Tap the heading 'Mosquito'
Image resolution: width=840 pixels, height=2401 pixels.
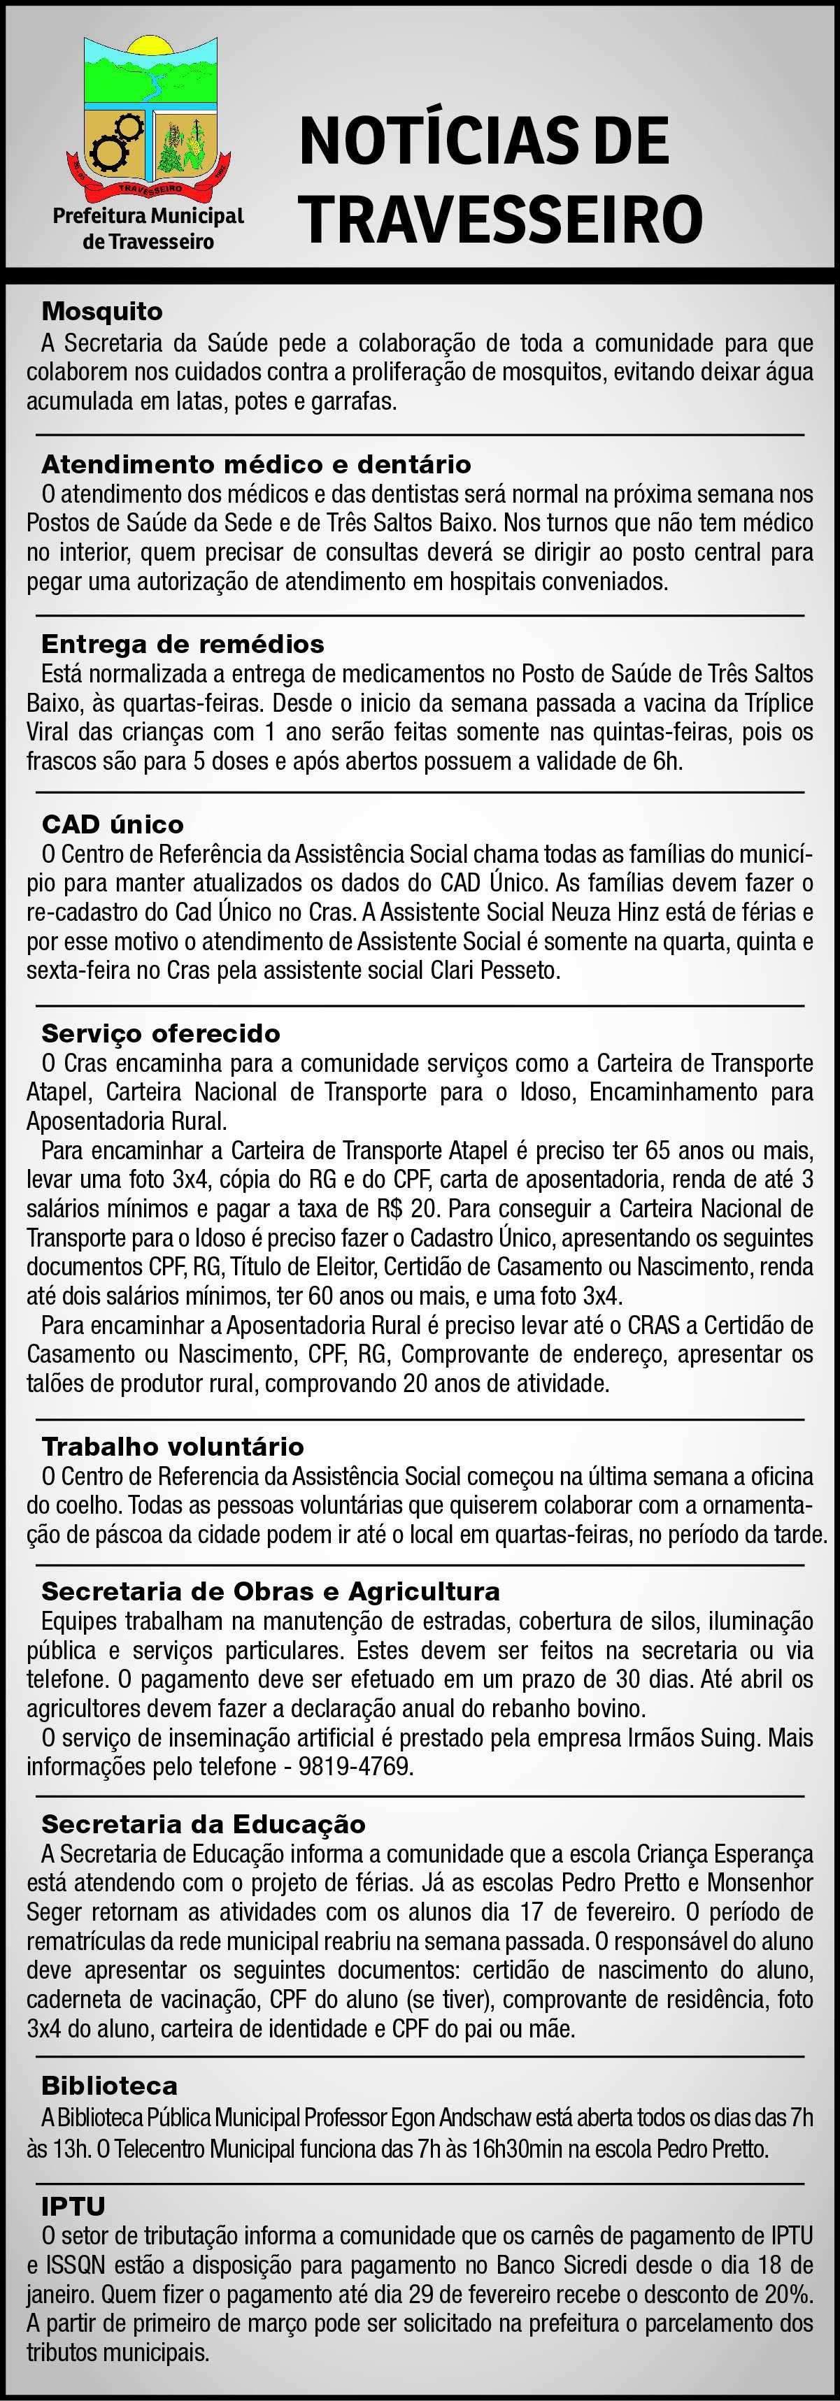tap(101, 311)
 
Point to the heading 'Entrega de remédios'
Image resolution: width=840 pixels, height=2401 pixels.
tap(183, 644)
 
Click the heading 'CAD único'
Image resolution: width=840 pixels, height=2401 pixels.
tap(113, 824)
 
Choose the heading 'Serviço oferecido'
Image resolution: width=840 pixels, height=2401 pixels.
tap(160, 1033)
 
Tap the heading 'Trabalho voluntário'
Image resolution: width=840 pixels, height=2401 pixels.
tap(173, 1447)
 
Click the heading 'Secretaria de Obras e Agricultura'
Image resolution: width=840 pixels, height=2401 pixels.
tap(271, 1591)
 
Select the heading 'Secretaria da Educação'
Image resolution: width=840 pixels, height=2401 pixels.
tap(204, 1824)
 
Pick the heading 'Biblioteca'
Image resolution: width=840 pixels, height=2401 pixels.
tap(109, 2085)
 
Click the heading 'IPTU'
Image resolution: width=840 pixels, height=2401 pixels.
tap(73, 2206)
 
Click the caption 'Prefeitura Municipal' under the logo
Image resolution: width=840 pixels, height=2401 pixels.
tap(148, 216)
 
